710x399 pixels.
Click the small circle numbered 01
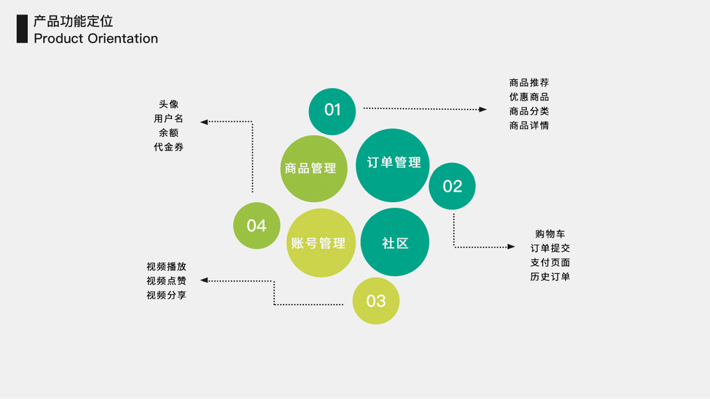click(332, 111)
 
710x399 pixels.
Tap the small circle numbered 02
click(452, 186)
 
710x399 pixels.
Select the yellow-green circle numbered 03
click(376, 301)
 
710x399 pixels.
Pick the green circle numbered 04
click(256, 225)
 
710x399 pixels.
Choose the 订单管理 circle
click(393, 164)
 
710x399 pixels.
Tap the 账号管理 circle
click(320, 243)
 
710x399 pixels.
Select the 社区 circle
click(395, 243)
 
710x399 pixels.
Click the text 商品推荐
click(529, 83)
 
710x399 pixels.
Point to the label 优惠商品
click(529, 97)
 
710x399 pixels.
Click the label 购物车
click(550, 234)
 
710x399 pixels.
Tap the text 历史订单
click(550, 277)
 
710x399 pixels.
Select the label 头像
click(168, 104)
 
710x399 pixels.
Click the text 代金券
click(168, 147)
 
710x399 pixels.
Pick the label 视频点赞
click(166, 281)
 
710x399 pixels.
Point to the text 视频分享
click(166, 295)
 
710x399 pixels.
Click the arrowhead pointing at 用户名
click(204, 122)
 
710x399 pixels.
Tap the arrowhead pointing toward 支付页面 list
click(511, 247)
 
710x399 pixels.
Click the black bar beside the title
click(22, 29)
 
